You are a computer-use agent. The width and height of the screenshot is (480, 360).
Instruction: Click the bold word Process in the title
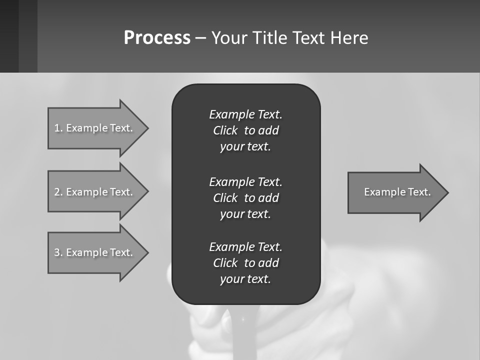pyautogui.click(x=157, y=38)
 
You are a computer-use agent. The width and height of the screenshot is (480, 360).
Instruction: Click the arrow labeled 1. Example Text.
pyautogui.click(x=95, y=128)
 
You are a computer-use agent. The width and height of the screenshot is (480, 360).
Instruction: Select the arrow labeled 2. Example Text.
pyautogui.click(x=95, y=192)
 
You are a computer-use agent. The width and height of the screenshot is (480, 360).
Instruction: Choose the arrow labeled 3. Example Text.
pyautogui.click(x=95, y=252)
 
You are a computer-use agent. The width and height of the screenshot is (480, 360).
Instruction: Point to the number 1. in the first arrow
pyautogui.click(x=58, y=128)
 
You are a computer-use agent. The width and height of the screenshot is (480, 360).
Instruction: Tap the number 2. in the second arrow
pyautogui.click(x=58, y=192)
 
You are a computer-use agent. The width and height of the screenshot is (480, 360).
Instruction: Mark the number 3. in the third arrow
pyautogui.click(x=58, y=252)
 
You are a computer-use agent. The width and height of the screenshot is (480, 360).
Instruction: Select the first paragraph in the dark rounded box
pyautogui.click(x=245, y=130)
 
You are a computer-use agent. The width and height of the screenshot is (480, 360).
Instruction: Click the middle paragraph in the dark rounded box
pyautogui.click(x=245, y=198)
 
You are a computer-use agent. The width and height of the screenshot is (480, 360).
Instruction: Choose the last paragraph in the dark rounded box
pyautogui.click(x=245, y=263)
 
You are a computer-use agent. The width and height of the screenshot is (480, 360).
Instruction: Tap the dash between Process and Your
pyautogui.click(x=200, y=38)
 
